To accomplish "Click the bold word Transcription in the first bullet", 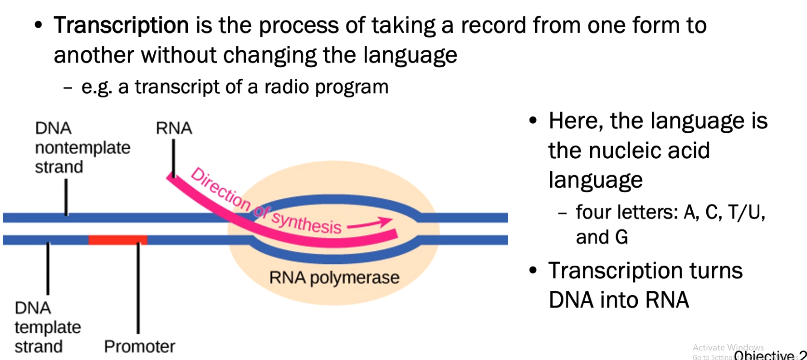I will [x=121, y=25].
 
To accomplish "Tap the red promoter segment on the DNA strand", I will [x=117, y=240].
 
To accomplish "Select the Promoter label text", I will [x=139, y=347].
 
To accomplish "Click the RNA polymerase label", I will [x=334, y=277].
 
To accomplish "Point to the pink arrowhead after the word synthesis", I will [x=386, y=221].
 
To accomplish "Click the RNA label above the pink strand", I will [x=174, y=128].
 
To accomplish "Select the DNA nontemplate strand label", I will [x=82, y=148].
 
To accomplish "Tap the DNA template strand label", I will [x=47, y=327].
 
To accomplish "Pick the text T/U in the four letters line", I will [x=746, y=212].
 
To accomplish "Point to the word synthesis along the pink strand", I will [x=307, y=223].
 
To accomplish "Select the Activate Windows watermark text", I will [x=728, y=347].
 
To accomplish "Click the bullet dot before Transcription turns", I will [x=533, y=271].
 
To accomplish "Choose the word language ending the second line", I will [x=410, y=56].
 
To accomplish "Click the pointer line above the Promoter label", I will [x=138, y=288].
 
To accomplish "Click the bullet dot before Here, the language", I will [x=533, y=121].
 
